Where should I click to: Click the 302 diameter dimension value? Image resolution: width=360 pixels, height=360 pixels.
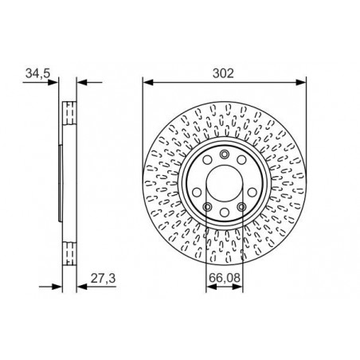point(223,73)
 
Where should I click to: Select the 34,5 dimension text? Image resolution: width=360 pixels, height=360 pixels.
point(38,73)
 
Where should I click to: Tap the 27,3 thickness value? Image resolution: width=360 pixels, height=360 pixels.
point(103,279)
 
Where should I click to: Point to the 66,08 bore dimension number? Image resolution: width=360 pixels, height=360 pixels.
point(225,278)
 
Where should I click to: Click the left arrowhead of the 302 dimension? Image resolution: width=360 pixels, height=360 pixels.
point(148,82)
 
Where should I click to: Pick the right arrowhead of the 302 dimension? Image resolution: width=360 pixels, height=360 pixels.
point(301,82)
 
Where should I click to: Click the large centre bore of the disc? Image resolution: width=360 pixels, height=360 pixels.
point(225,183)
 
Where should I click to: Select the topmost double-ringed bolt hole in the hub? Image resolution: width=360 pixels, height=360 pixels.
point(225,154)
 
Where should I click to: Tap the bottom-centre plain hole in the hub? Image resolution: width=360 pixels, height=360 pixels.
point(225,213)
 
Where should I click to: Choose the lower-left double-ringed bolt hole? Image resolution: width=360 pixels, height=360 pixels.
point(207,206)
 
